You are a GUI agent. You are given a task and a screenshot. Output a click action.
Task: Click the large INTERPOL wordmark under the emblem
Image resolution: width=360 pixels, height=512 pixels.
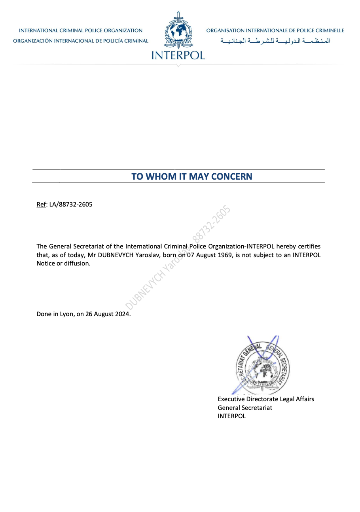point(178,55)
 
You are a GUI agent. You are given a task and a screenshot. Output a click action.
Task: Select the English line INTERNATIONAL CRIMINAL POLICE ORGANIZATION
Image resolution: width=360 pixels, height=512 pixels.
point(81,30)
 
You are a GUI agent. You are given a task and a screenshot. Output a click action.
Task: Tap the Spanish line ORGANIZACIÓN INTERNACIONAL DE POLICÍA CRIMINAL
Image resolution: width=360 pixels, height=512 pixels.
point(81,41)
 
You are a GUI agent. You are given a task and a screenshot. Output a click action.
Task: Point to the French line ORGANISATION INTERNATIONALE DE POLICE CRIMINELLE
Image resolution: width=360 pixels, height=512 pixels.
point(275,30)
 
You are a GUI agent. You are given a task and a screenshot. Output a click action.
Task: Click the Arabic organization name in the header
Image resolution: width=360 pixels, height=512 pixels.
point(275,41)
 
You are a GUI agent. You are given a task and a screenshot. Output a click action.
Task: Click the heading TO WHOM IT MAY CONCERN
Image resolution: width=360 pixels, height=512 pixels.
point(192,176)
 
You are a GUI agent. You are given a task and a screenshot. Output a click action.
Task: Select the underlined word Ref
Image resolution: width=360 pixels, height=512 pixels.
point(41,205)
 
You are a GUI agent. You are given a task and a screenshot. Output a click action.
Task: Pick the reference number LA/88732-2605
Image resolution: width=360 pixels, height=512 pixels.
point(71,205)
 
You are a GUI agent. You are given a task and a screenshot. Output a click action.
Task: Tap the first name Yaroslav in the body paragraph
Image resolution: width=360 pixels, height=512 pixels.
point(148,255)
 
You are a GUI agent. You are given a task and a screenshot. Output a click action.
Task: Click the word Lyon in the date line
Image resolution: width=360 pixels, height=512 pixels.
point(66,315)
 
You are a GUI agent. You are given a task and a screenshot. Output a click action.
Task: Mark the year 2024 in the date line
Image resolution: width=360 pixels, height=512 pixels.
point(122,315)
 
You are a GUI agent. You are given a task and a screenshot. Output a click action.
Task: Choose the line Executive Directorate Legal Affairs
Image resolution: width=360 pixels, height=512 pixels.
point(266,399)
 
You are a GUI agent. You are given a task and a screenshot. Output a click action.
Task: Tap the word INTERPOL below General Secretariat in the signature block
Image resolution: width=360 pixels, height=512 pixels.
point(232,416)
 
